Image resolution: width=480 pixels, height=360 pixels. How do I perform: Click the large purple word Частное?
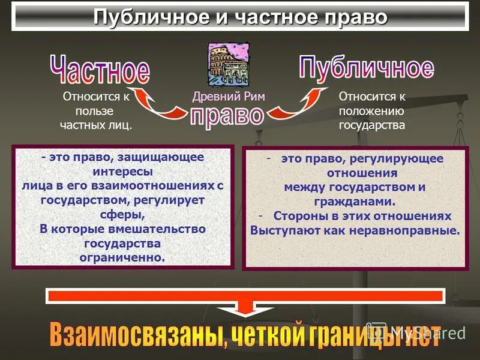click(x=100, y=70)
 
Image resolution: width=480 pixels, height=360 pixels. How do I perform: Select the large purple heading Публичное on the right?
click(x=366, y=67)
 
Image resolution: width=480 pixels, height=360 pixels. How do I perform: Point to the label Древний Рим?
click(x=229, y=97)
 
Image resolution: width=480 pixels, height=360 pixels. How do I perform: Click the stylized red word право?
click(x=227, y=115)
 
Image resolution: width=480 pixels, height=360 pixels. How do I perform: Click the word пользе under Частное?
click(x=94, y=111)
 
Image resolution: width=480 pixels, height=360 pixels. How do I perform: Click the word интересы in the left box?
click(x=122, y=172)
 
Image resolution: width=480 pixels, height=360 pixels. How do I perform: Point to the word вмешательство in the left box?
click(x=155, y=229)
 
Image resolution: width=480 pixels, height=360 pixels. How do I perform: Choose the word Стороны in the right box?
click(x=298, y=216)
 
